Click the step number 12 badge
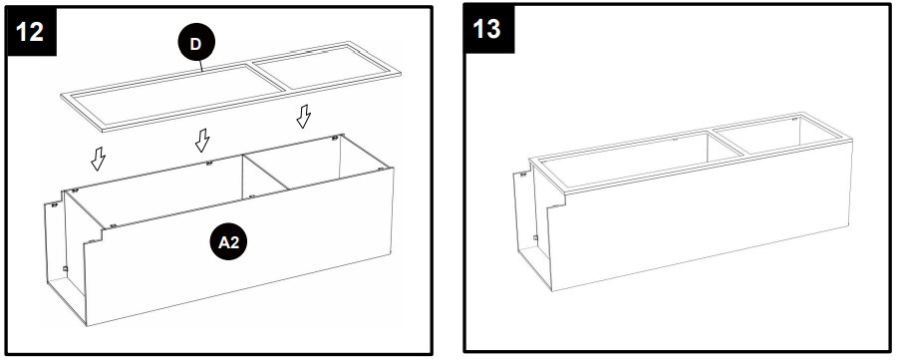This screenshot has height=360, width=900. click(30, 30)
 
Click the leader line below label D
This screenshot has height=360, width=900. click(201, 67)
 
